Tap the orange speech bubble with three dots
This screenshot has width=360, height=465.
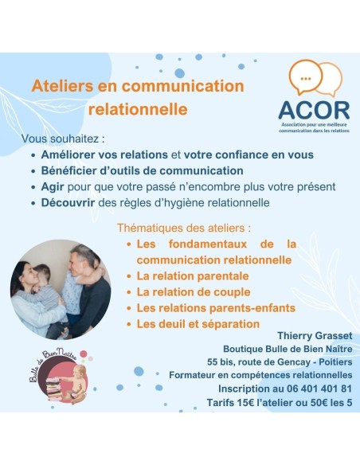pos(306,76)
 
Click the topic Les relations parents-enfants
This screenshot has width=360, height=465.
pos(215,307)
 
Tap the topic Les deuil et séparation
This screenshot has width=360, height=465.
pos(198,324)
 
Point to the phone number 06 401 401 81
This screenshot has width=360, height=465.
pos(315,388)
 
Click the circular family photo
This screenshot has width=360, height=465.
pos(61,290)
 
